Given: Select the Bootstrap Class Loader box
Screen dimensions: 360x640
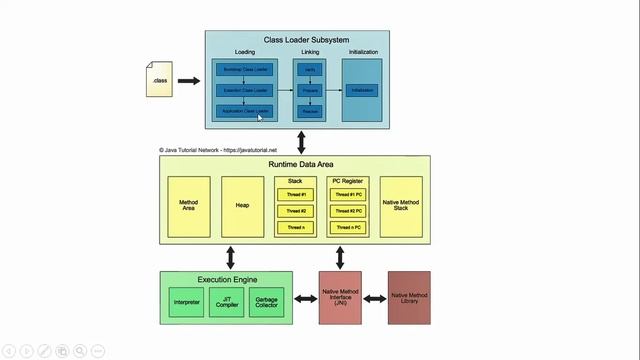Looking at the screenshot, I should coord(244,70).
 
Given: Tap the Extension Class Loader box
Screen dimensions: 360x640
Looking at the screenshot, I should coord(244,90).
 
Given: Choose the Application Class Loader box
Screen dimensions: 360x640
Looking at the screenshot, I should coord(244,110).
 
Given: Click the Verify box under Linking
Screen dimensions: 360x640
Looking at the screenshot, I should coord(310,70).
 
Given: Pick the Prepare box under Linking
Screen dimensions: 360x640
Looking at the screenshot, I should coord(310,90).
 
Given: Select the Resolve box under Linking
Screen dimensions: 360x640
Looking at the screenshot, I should coord(310,111).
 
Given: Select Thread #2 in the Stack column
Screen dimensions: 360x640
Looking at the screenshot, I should coord(295,211).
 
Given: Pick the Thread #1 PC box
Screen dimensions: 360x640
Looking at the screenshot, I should coord(349,194).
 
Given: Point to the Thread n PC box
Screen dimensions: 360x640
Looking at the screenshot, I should coord(349,228).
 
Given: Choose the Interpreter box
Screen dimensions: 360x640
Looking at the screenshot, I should coord(186,301).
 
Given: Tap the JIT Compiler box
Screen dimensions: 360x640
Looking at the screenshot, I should coord(226,301).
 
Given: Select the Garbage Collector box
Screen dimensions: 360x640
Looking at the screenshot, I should coord(267,301).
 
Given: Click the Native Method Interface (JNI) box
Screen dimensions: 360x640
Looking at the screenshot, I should coord(340,297).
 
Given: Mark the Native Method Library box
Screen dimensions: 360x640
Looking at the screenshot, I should coord(409,297).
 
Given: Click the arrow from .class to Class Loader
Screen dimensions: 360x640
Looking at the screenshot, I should coord(189,80).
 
